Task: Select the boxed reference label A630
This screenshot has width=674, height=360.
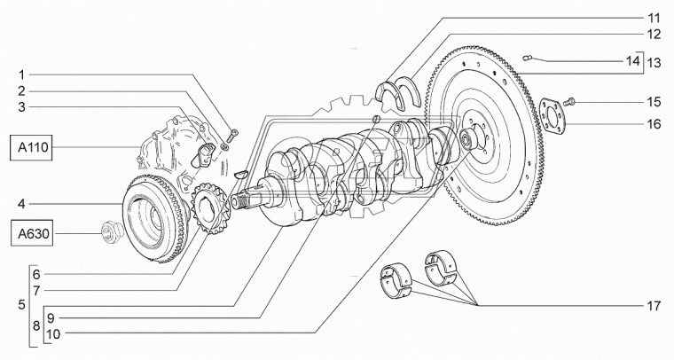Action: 32,234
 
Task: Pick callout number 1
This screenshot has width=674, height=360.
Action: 33,74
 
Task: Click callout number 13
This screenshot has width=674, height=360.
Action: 654,63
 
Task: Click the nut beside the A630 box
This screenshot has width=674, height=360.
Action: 110,232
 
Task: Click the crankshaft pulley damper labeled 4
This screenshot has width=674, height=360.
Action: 151,213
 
